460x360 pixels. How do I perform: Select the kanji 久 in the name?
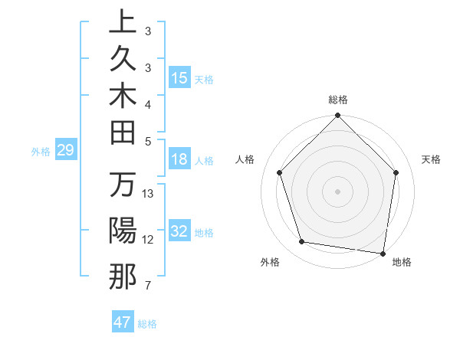pos(123,60)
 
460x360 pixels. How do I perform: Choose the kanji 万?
pos(123,186)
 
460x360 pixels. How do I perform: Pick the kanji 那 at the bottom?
pos(123,277)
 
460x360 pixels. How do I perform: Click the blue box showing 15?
pos(179,78)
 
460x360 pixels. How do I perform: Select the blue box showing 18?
pos(179,159)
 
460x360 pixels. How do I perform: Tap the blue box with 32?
pos(179,232)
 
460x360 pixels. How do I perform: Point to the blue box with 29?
pos(65,151)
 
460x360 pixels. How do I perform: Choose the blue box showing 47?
pos(123,322)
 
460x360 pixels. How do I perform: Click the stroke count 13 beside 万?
pos(149,194)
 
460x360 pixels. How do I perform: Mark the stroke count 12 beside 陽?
pos(149,240)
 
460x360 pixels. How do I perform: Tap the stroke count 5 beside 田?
pos(148,141)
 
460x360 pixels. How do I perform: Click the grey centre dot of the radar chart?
pos(337,191)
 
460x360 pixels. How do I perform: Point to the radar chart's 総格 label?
pos(338,100)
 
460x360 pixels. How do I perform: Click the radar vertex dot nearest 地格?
pos(383,253)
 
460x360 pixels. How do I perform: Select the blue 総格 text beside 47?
pos(148,323)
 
